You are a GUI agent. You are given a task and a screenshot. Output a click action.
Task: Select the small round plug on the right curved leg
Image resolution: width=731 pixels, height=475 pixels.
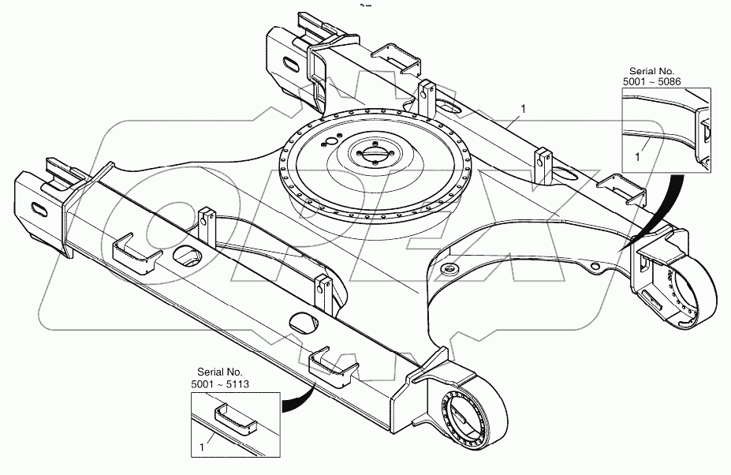click(x=450, y=270)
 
